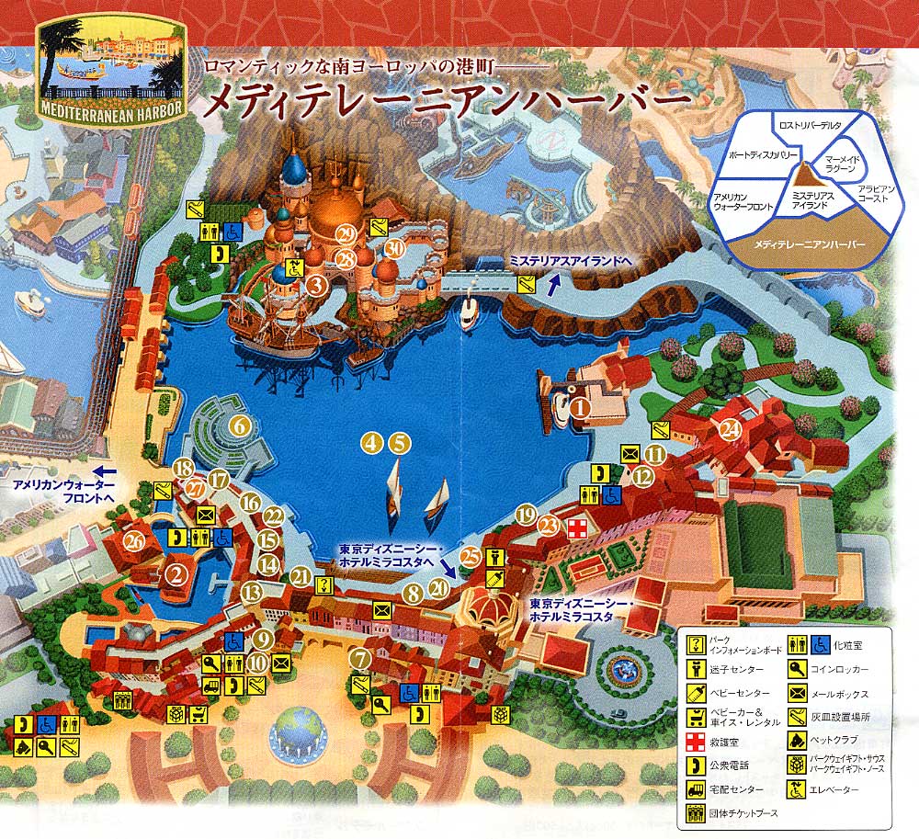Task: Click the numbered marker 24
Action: [x=731, y=428]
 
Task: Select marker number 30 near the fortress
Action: [x=395, y=249]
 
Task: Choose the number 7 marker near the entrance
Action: [x=360, y=658]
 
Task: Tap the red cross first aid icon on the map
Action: [x=576, y=527]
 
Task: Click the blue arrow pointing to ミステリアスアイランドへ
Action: [x=552, y=286]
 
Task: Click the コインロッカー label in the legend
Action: [x=840, y=670]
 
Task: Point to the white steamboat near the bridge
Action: [x=470, y=312]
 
